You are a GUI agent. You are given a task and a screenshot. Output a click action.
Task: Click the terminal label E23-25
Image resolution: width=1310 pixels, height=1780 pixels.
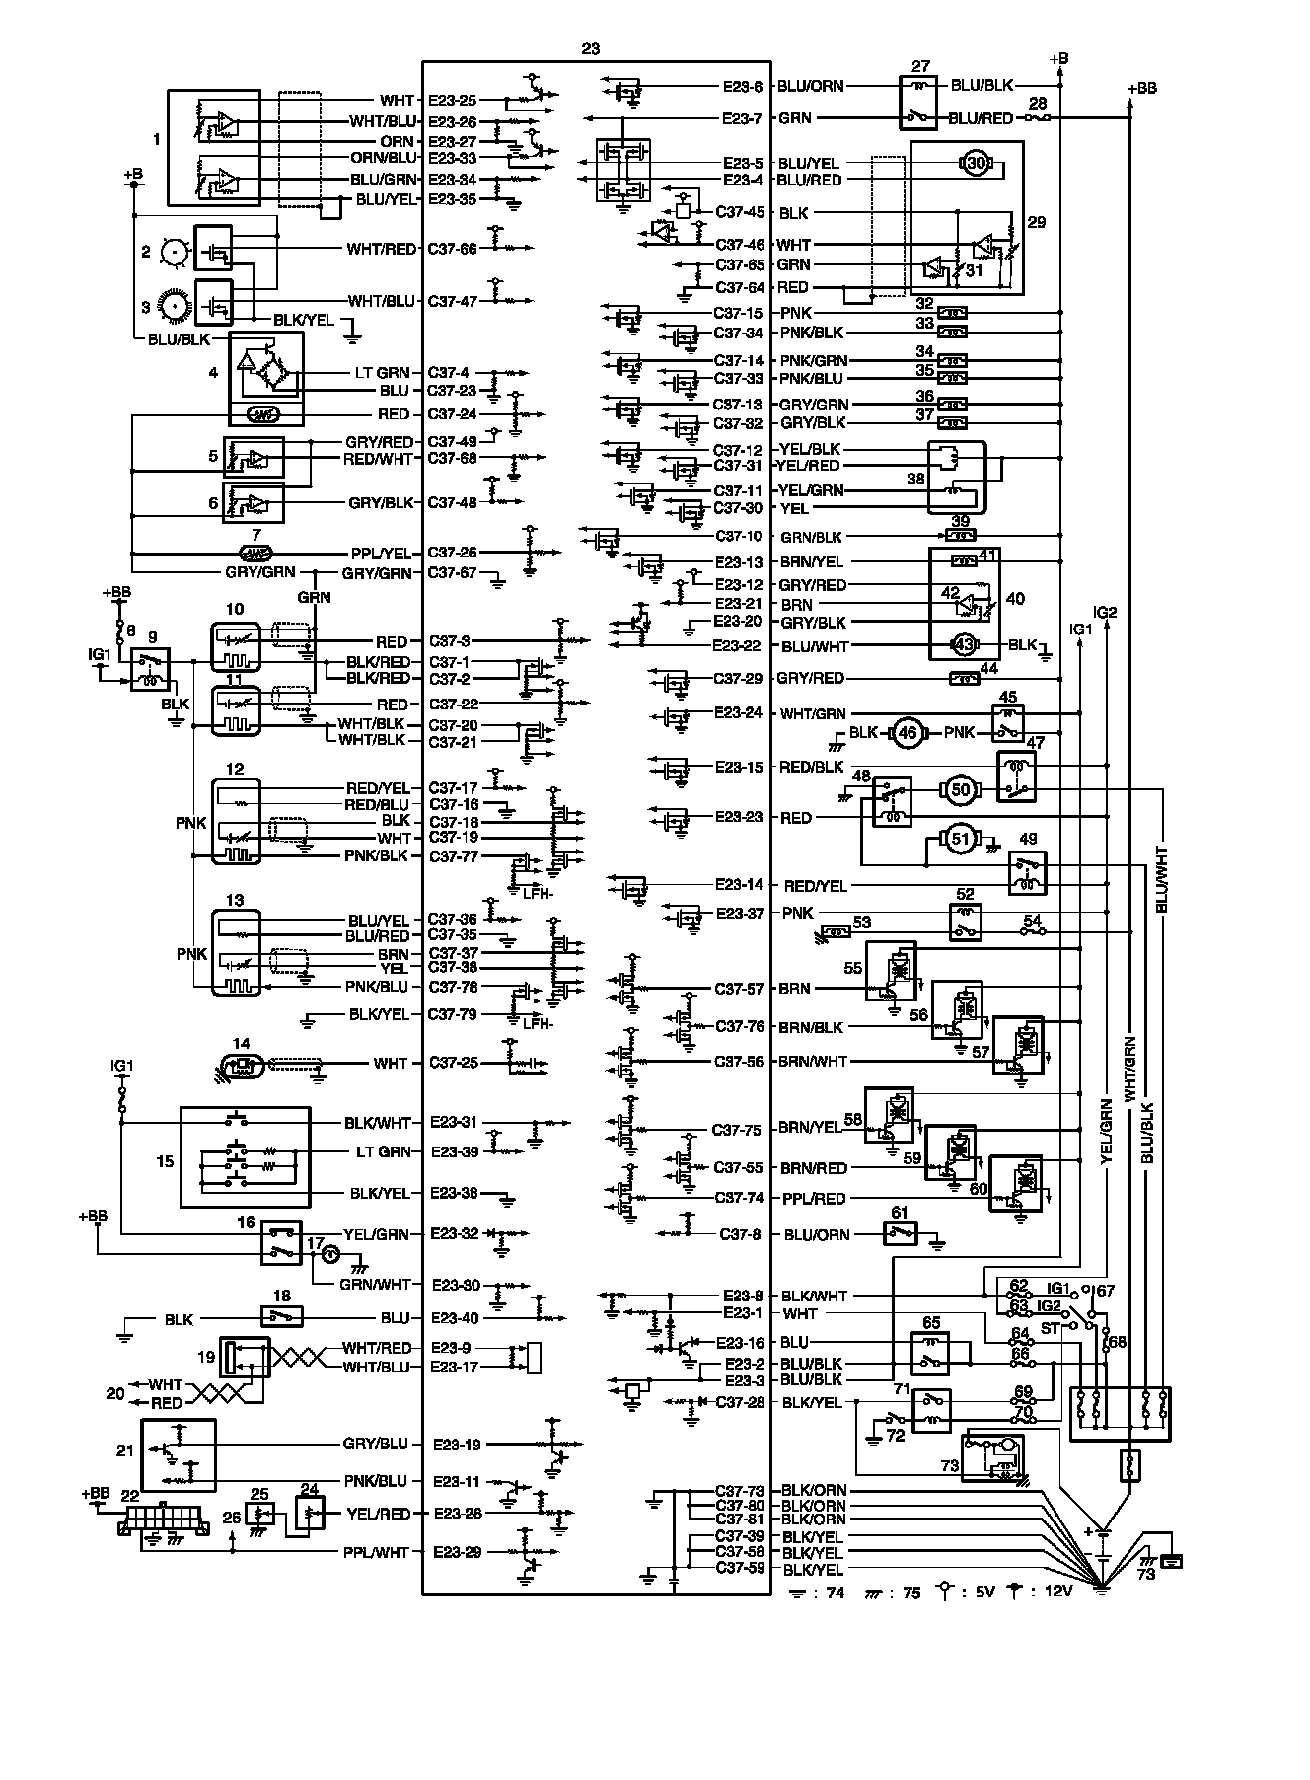[453, 101]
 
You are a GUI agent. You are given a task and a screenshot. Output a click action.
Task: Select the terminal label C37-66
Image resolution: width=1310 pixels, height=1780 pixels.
[453, 249]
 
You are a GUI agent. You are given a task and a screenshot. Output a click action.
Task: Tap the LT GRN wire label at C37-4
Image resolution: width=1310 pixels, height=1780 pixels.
[381, 373]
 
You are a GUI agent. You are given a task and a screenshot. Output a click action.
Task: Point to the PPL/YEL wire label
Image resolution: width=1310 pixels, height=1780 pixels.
[381, 554]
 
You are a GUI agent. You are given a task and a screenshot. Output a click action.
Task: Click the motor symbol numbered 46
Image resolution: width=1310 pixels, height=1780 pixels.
[907, 733]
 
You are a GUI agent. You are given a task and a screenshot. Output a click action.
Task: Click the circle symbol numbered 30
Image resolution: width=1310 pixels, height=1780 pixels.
[977, 164]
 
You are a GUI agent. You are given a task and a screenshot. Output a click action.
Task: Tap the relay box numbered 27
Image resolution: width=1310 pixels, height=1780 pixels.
[920, 103]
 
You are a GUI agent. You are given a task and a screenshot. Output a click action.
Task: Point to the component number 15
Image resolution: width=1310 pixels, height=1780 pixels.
[165, 1161]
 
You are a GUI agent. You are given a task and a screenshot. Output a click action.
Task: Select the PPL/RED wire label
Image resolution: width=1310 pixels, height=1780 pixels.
[814, 1198]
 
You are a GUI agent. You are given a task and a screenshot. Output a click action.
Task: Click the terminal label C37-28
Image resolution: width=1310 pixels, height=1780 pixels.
[740, 1402]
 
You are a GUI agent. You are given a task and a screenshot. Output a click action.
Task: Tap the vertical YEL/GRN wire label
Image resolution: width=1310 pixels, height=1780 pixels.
[1107, 1133]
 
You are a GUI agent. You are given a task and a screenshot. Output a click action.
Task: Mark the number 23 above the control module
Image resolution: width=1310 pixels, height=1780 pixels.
[591, 47]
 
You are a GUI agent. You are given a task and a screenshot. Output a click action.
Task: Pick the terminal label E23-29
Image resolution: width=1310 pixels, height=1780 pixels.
[457, 1552]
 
